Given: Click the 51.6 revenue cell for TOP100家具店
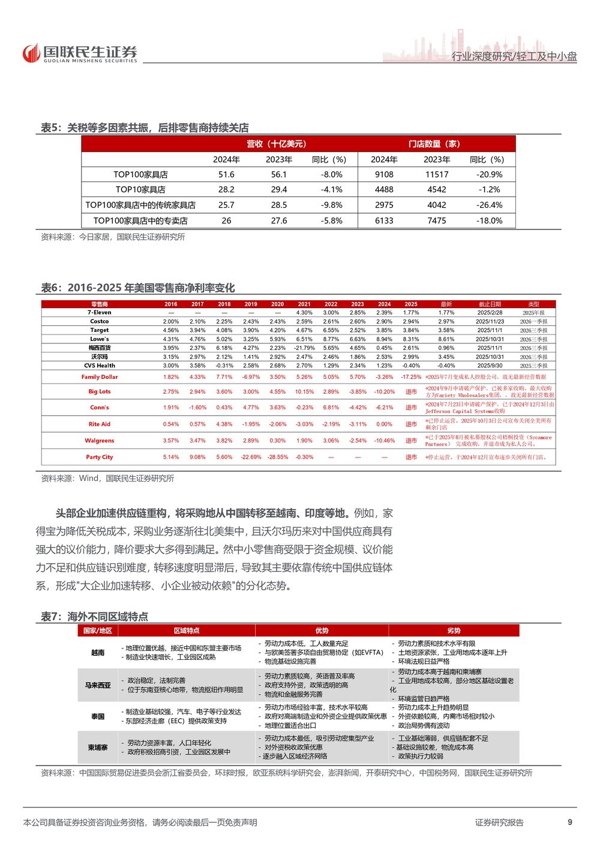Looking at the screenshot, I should tap(226, 175).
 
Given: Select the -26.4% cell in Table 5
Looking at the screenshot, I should tap(489, 205).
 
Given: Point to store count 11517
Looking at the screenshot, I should tap(436, 175).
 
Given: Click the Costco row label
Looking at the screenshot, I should tap(100, 322).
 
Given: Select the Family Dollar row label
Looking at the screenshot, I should tap(100, 377).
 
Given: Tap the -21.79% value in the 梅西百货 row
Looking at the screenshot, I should tap(304, 348).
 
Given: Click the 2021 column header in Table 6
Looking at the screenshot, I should tap(304, 304).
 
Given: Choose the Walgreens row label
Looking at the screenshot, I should tap(100, 441).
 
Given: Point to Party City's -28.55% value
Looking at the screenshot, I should tap(277, 457).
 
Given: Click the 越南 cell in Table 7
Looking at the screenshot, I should tap(98, 653).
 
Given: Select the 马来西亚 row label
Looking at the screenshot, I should tap(98, 685).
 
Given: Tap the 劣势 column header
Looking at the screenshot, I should tap(454, 630).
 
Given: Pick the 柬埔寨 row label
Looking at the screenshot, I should tap(98, 748).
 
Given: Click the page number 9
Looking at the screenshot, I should tap(570, 822).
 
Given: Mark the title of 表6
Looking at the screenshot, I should tap(138, 288).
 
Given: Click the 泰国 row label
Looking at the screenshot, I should tap(98, 716).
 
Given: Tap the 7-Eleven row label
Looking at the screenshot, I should tap(100, 313).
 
